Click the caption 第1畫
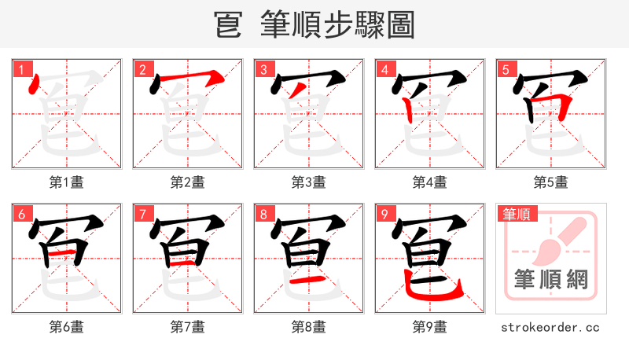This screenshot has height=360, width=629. click(67, 182)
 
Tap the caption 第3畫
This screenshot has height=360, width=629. click(309, 182)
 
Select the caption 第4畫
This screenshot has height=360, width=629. click(430, 182)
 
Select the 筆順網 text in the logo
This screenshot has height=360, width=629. click(551, 279)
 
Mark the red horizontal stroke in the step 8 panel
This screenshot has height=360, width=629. click(308, 280)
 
